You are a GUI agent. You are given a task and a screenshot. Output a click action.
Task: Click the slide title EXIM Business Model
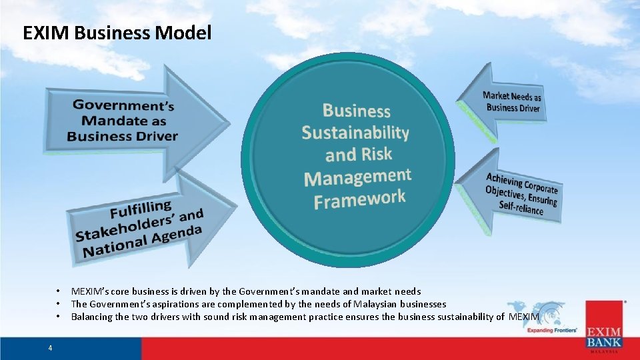[x=117, y=33]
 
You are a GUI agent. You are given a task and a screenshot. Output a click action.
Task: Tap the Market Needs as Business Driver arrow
[x=510, y=103]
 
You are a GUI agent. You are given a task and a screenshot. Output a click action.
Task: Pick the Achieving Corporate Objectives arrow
[x=520, y=193]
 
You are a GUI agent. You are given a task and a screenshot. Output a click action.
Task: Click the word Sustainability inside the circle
[x=355, y=132]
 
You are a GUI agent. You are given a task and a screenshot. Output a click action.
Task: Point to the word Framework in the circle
[x=359, y=199]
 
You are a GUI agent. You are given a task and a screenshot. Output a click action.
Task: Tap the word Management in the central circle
[x=357, y=177]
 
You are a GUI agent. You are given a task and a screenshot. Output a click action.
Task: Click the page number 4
[x=50, y=347]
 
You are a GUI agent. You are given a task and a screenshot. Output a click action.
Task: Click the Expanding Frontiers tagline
[x=552, y=330]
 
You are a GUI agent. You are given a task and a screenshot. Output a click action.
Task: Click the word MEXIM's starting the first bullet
[x=90, y=291]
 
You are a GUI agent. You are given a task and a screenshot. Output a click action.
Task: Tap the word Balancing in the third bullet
[x=92, y=317]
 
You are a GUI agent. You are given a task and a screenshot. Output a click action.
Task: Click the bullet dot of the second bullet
[x=59, y=304]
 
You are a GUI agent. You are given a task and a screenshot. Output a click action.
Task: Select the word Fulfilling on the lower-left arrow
[x=140, y=210]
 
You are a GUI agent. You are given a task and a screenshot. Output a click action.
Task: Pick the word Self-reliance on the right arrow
[x=521, y=207]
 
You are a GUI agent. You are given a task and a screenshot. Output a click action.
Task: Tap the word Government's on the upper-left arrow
[x=123, y=105]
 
